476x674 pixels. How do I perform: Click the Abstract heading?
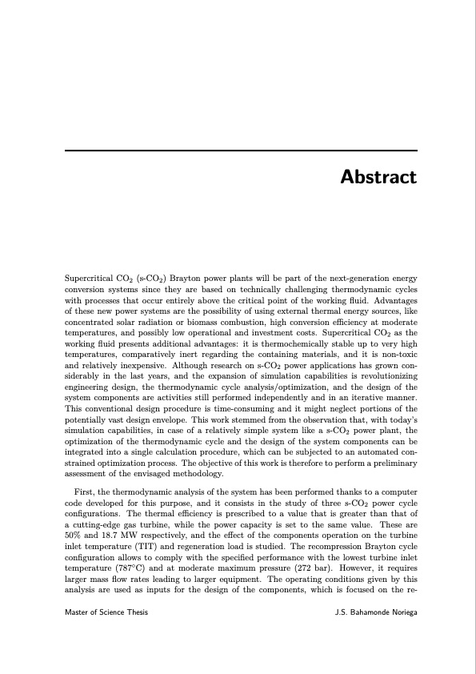(x=378, y=177)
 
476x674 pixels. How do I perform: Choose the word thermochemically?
(x=271, y=352)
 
